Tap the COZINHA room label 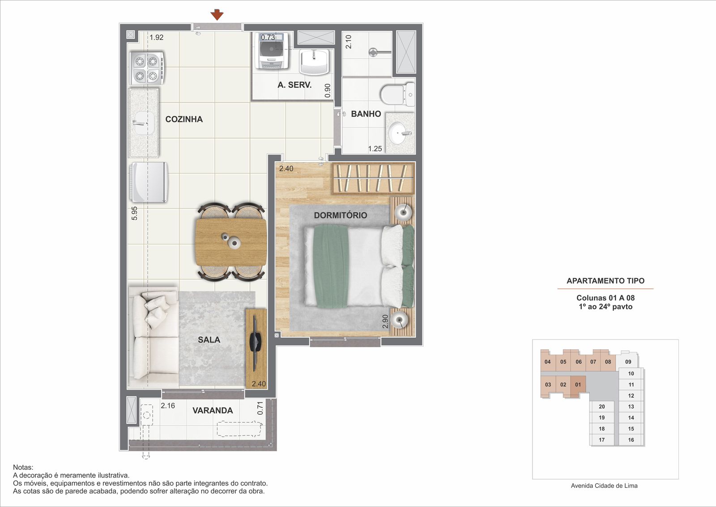[x=184, y=119]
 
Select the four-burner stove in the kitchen [x=147, y=68]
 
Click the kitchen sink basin [x=143, y=123]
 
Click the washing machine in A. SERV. [x=272, y=51]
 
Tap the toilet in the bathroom [x=398, y=95]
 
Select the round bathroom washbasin [x=400, y=133]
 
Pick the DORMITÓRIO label [x=341, y=215]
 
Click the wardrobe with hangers [x=374, y=178]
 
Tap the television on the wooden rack [x=256, y=344]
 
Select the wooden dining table [x=231, y=242]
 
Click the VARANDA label [x=213, y=410]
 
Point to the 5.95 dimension [x=135, y=213]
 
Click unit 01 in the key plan [x=578, y=385]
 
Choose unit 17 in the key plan [x=602, y=440]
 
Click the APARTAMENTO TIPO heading [x=605, y=281]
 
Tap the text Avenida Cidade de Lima [x=604, y=486]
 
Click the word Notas [x=23, y=467]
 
